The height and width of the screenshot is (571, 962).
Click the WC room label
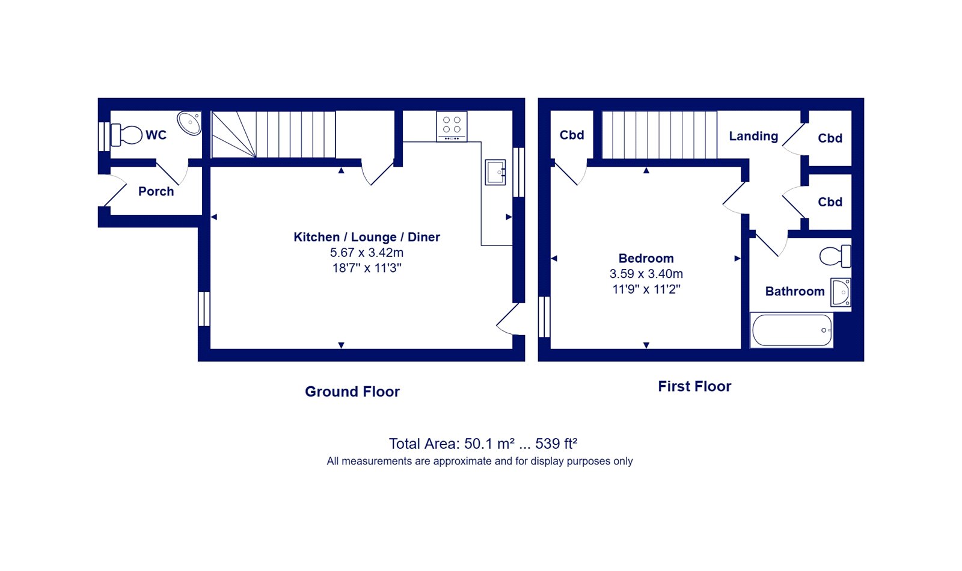[x=156, y=135]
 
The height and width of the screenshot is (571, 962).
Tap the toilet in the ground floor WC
[x=127, y=135]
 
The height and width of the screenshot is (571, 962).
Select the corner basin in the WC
[x=190, y=123]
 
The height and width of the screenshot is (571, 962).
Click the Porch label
[x=156, y=191]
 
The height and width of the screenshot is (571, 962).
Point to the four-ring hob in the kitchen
[x=452, y=126]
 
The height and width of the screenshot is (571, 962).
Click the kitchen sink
[x=495, y=172]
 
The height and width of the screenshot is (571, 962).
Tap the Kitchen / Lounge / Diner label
[x=367, y=236]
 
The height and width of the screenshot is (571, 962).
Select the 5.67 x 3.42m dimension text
[x=367, y=252]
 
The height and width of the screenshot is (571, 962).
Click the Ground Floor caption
[x=352, y=392]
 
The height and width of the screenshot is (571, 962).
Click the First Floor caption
[x=694, y=386]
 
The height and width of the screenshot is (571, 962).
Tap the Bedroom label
[x=646, y=258]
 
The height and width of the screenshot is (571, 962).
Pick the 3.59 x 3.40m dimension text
[x=646, y=274]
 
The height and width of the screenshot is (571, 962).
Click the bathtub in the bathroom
[x=792, y=330]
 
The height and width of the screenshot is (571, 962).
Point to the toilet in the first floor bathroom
[x=835, y=256]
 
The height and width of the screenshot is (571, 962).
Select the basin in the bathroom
[x=841, y=292]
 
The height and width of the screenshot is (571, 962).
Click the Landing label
[x=754, y=136]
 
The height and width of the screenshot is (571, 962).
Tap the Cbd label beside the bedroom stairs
[x=572, y=135]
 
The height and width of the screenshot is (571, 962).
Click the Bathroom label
[x=795, y=291]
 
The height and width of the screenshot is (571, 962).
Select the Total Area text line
[x=483, y=443]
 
